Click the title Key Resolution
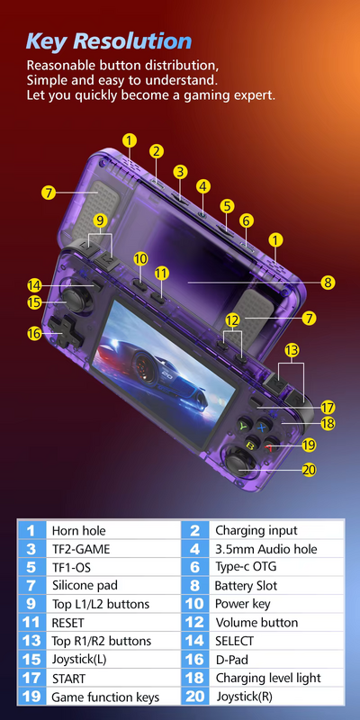tap(109, 40)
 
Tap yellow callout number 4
tap(203, 186)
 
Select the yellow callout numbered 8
tap(328, 283)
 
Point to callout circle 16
tap(34, 333)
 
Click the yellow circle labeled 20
tap(309, 469)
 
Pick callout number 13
tap(291, 349)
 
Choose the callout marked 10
tap(139, 258)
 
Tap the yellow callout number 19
tap(309, 445)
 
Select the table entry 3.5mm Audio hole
tap(265, 549)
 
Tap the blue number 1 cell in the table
tap(31, 531)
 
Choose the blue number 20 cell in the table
tap(195, 697)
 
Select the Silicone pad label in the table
tap(82, 586)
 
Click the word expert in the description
tap(254, 94)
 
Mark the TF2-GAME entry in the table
tap(79, 549)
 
